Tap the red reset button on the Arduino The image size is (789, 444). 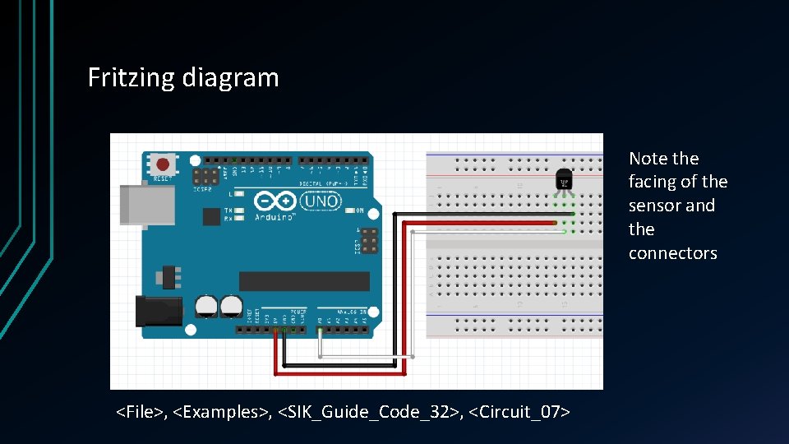(164, 163)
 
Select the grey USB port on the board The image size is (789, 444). (146, 204)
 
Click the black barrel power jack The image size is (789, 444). (158, 311)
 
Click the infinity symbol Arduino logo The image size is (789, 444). (275, 201)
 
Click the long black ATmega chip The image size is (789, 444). (304, 281)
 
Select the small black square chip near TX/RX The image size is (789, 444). (211, 215)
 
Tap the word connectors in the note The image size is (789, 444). (673, 253)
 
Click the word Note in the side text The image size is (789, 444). (648, 159)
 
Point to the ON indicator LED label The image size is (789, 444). (358, 209)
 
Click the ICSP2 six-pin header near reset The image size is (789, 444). (205, 177)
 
